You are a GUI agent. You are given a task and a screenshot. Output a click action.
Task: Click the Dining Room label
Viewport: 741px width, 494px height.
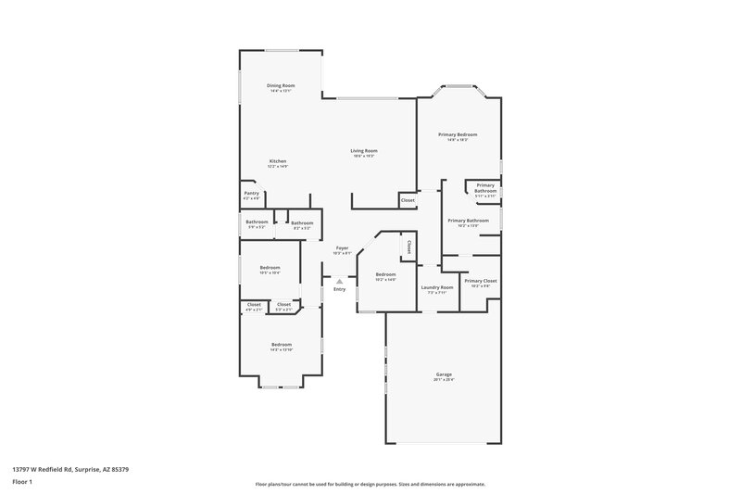281,85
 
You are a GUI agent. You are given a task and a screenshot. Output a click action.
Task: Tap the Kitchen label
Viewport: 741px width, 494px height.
278,161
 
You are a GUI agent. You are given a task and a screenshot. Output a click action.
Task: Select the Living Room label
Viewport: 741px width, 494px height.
364,151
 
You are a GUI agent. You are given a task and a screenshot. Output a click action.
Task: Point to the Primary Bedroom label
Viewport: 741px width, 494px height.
458,134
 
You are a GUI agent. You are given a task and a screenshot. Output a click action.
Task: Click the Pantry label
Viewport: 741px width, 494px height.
252,193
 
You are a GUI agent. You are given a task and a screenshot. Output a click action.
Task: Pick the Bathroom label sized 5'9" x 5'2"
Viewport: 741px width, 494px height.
257,222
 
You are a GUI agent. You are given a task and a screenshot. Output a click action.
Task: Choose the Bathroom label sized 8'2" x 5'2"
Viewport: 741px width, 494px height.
302,222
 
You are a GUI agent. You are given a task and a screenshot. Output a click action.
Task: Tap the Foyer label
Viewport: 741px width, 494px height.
342,248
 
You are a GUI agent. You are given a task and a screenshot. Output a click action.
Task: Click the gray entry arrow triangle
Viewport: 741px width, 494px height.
340,281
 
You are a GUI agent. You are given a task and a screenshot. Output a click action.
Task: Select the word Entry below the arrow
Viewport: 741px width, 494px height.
340,290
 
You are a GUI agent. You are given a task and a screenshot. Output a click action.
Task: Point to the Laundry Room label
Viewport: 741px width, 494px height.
437,287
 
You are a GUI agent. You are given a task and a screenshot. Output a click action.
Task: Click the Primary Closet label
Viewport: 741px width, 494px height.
481,281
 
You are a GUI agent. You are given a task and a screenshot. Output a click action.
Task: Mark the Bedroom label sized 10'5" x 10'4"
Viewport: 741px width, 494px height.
270,267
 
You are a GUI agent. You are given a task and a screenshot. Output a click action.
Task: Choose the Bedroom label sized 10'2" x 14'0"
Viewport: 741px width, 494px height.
385,274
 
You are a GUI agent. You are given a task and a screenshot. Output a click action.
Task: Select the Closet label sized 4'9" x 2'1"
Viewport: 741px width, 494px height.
254,304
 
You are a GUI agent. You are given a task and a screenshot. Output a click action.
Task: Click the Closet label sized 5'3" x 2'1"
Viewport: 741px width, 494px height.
284,304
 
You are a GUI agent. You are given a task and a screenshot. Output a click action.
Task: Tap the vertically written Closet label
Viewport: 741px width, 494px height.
409,247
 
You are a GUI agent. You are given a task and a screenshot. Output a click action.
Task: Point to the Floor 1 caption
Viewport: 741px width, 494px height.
21,483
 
